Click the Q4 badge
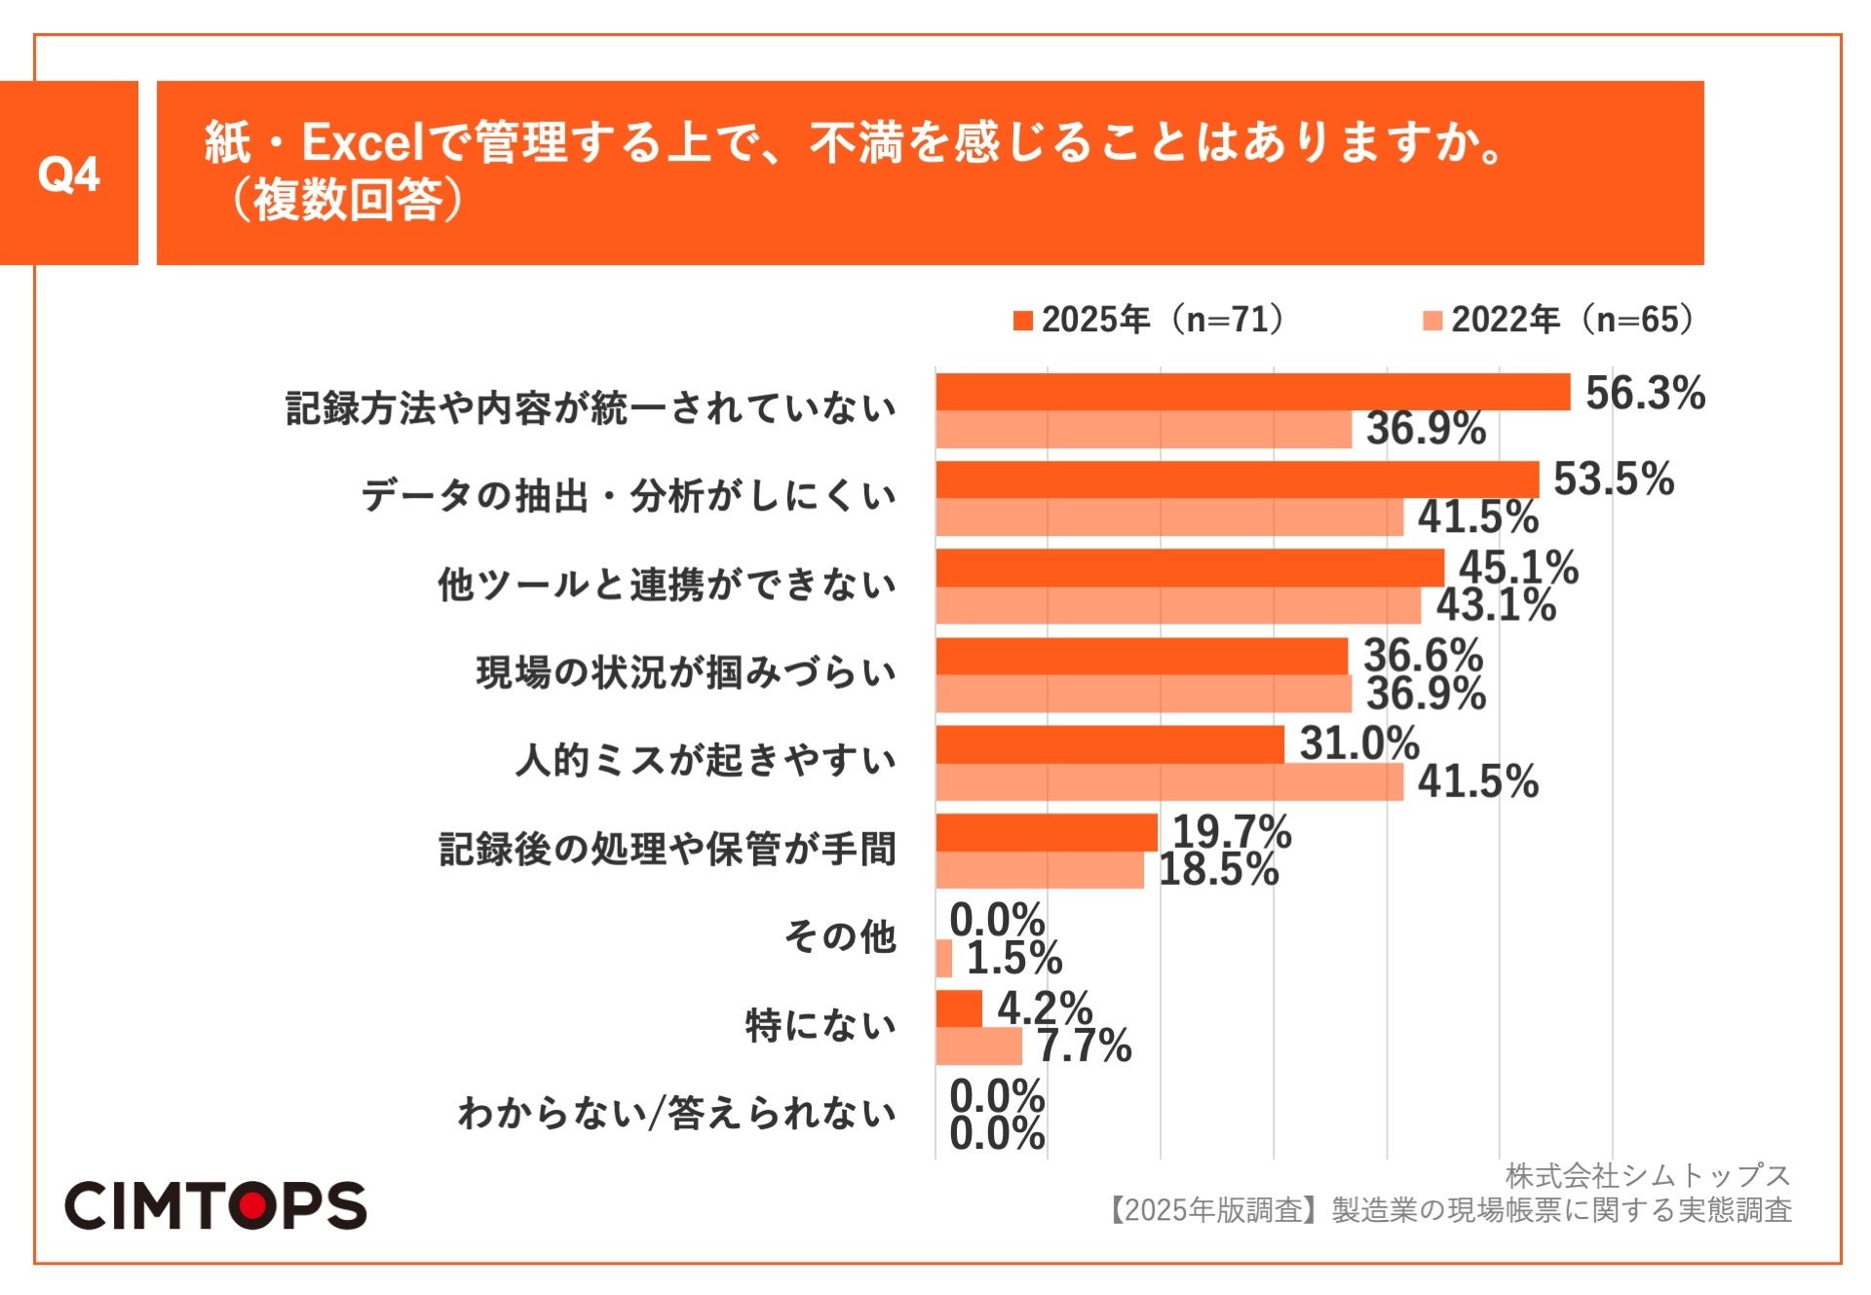coord(68,173)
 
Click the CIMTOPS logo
coord(215,1206)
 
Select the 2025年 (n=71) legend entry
coord(1151,320)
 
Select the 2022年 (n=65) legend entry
coord(1560,320)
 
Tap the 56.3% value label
coord(1645,394)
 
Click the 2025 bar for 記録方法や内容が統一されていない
coord(1252,392)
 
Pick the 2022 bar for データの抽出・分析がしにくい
coord(1169,517)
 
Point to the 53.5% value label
coord(1614,479)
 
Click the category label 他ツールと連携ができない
coord(667,585)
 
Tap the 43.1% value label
coord(1496,605)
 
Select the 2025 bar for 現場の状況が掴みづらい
coord(1141,657)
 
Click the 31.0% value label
coord(1359,744)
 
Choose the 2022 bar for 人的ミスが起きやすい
coord(1169,782)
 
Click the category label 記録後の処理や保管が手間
coord(667,849)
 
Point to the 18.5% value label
coord(1218,869)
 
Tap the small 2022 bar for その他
coord(943,959)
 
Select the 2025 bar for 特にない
coord(959,1009)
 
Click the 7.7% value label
coord(1084,1047)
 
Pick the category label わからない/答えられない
coord(676,1113)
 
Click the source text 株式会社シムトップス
coord(1648,1176)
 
